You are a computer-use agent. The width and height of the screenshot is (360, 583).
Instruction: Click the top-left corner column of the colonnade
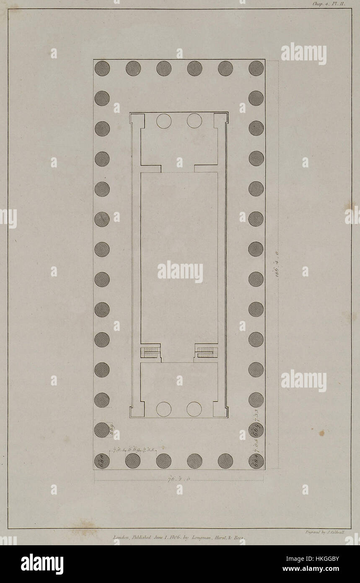click(102, 68)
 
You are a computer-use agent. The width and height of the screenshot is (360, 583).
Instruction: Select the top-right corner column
click(256, 68)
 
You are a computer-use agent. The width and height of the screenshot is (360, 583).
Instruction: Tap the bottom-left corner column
click(102, 461)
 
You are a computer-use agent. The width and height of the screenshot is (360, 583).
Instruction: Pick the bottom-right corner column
click(256, 461)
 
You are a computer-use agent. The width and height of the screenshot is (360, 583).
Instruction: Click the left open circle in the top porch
click(164, 121)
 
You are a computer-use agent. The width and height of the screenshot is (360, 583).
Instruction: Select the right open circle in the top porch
click(194, 121)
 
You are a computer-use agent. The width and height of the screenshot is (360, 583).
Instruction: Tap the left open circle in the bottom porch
click(164, 409)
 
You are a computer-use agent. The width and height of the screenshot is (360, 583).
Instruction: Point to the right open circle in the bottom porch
click(194, 409)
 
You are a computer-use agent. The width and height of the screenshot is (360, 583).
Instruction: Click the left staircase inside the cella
click(150, 351)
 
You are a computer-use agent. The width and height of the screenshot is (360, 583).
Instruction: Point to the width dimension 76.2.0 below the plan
click(179, 479)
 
